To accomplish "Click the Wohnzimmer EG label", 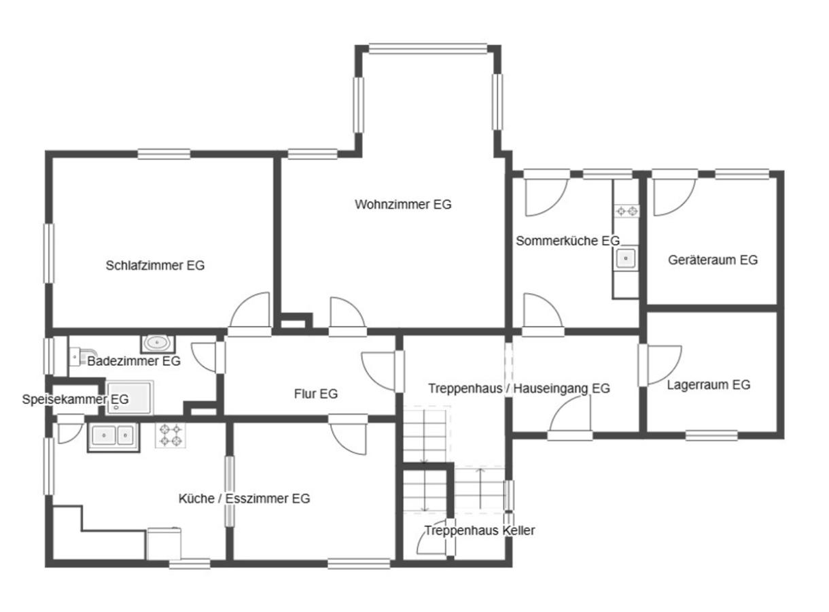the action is (x=403, y=205).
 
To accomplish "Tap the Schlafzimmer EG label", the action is (x=155, y=265).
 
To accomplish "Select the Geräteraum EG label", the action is (x=713, y=260).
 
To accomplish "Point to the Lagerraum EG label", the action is (x=708, y=385).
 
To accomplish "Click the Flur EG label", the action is (x=316, y=394).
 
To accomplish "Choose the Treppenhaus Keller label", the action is (x=479, y=530).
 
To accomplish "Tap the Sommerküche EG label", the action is (x=567, y=241).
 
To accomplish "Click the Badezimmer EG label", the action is (x=134, y=361).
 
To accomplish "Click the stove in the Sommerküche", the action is (x=627, y=211).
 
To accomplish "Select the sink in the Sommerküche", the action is (x=626, y=258).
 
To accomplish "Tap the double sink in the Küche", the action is (x=113, y=437).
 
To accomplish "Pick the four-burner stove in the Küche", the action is (x=171, y=435).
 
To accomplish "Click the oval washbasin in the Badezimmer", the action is (x=158, y=344).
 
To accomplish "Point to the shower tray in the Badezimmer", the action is (x=130, y=398).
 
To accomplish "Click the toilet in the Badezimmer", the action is (x=82, y=356).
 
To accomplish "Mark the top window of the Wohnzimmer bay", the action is (x=428, y=49).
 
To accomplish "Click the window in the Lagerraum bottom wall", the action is (x=711, y=436).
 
